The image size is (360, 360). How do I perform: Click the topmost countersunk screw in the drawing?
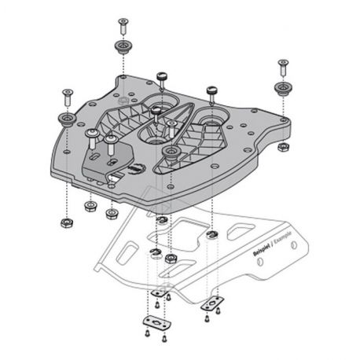[x=123, y=24]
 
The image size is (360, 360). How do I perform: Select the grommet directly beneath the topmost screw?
[x=123, y=45]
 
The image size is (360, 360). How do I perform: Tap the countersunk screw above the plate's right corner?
[x=281, y=65]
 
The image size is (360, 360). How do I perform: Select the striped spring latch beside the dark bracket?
[x=135, y=167]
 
